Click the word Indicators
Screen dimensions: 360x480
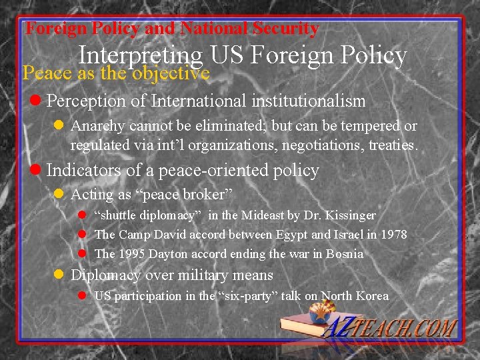(83, 171)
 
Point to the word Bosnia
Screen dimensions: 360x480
(345, 253)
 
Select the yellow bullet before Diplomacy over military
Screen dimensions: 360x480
(59, 275)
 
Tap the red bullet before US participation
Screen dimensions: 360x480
(83, 295)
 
